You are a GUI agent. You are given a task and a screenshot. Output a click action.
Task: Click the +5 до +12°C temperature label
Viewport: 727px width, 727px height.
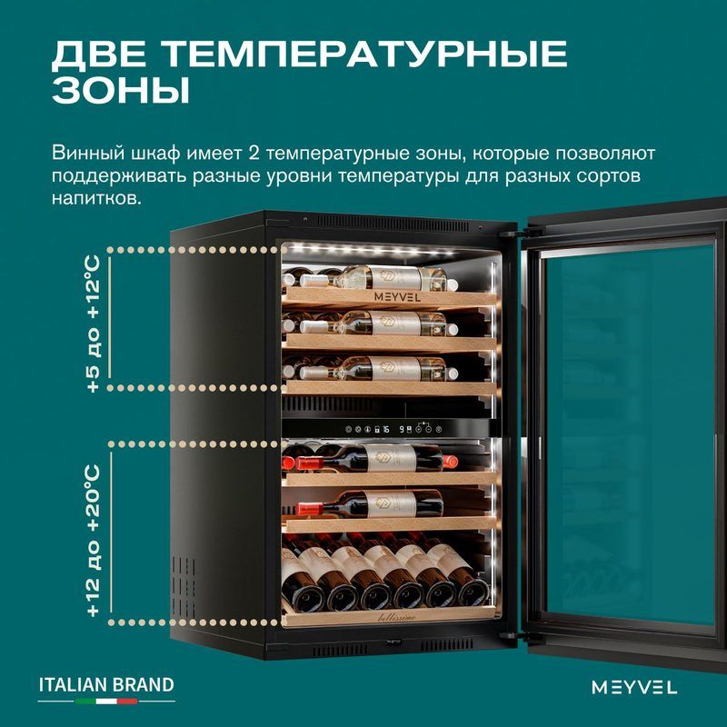tap(94, 324)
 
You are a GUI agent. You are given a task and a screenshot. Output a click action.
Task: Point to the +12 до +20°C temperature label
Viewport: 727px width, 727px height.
tap(94, 541)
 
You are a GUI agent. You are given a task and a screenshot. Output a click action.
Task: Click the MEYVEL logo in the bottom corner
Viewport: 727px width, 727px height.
tap(634, 687)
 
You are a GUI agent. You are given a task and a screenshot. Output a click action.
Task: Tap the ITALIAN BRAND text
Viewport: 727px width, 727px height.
tap(106, 685)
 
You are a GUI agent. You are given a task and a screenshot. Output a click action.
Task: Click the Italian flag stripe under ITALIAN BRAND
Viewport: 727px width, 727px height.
tap(106, 701)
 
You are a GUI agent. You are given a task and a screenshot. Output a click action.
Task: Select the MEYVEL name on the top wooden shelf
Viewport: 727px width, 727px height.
tap(397, 297)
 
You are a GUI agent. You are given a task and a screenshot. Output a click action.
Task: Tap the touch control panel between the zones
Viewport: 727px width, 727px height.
tap(394, 429)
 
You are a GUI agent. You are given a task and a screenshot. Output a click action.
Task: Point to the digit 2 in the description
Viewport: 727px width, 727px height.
tap(254, 153)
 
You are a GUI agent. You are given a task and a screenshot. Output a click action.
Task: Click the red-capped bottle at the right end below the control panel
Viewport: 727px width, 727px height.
tap(450, 462)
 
